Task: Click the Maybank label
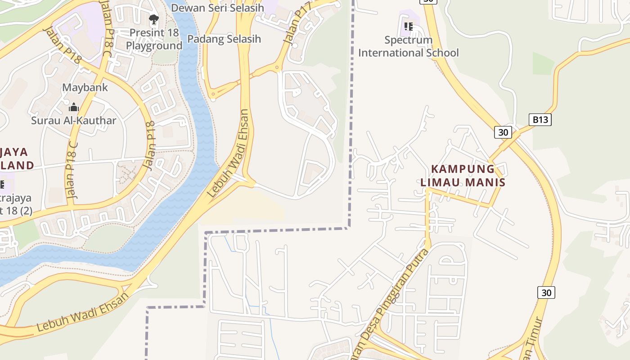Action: click(85, 87)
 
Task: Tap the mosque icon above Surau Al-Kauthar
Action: click(73, 107)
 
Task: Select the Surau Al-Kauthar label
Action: click(73, 121)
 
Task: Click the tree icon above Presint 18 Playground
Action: click(154, 19)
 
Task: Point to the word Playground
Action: click(154, 46)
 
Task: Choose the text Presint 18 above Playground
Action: click(154, 33)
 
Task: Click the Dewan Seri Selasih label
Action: click(217, 8)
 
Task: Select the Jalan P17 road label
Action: click(294, 26)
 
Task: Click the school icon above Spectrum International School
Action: click(409, 26)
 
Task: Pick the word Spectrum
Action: click(409, 40)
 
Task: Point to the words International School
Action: click(409, 53)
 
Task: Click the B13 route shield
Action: click(540, 119)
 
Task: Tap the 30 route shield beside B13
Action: click(503, 132)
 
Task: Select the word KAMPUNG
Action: click(463, 169)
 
